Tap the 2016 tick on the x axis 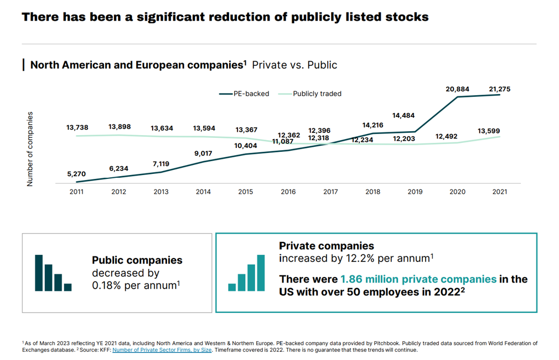(288, 192)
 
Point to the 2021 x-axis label (500, 192)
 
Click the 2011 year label (76, 192)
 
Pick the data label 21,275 (500, 89)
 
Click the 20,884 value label (458, 89)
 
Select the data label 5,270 (76, 174)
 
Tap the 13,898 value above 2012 (120, 127)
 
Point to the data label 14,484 (403, 116)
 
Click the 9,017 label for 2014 (203, 153)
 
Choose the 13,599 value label (489, 131)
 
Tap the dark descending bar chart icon (53, 272)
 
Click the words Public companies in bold (137, 260)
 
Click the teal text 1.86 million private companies (418, 279)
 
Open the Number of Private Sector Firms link (162, 350)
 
